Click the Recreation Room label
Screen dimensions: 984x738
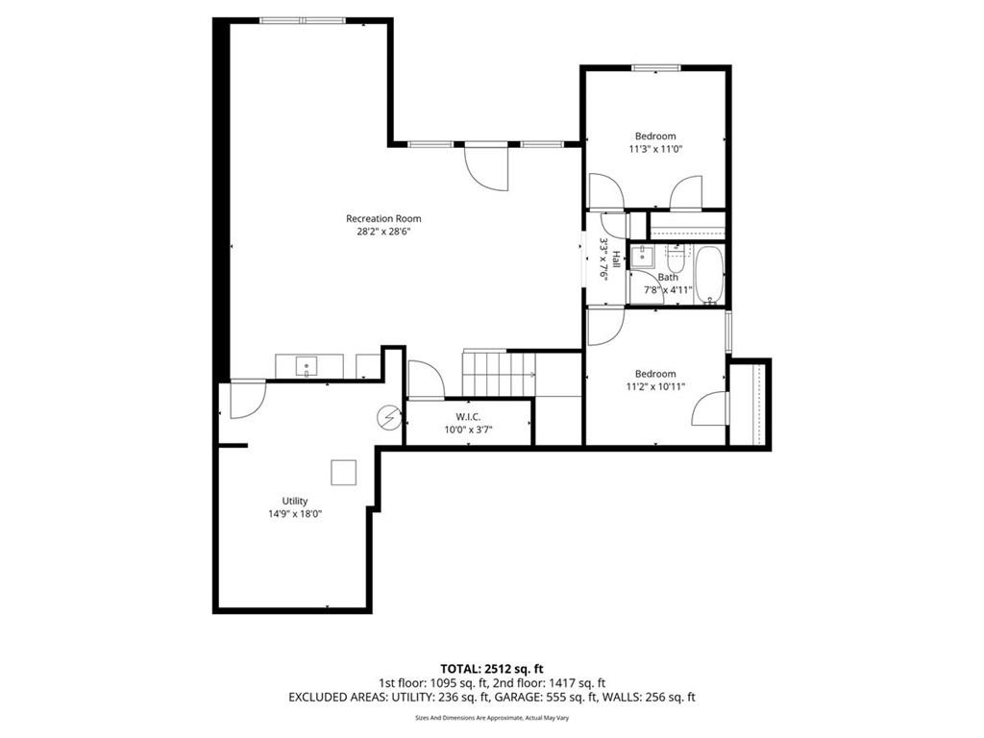383,218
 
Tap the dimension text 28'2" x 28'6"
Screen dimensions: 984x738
383,232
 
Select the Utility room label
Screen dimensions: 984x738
295,501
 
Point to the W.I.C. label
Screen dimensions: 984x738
468,417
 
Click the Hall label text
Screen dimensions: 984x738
617,258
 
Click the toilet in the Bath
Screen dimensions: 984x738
675,256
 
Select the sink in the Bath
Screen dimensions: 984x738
642,257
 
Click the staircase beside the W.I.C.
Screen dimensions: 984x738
499,373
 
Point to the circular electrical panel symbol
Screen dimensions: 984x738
389,417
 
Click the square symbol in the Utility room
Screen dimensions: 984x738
344,473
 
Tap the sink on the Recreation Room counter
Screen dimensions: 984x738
307,366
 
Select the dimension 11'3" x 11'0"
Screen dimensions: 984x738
655,149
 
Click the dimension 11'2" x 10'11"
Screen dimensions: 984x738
655,386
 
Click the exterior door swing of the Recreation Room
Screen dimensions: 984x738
485,167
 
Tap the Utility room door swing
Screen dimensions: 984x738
248,399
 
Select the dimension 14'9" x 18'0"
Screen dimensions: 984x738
295,514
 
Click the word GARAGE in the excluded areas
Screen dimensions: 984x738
517,697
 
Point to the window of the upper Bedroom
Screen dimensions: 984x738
656,68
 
